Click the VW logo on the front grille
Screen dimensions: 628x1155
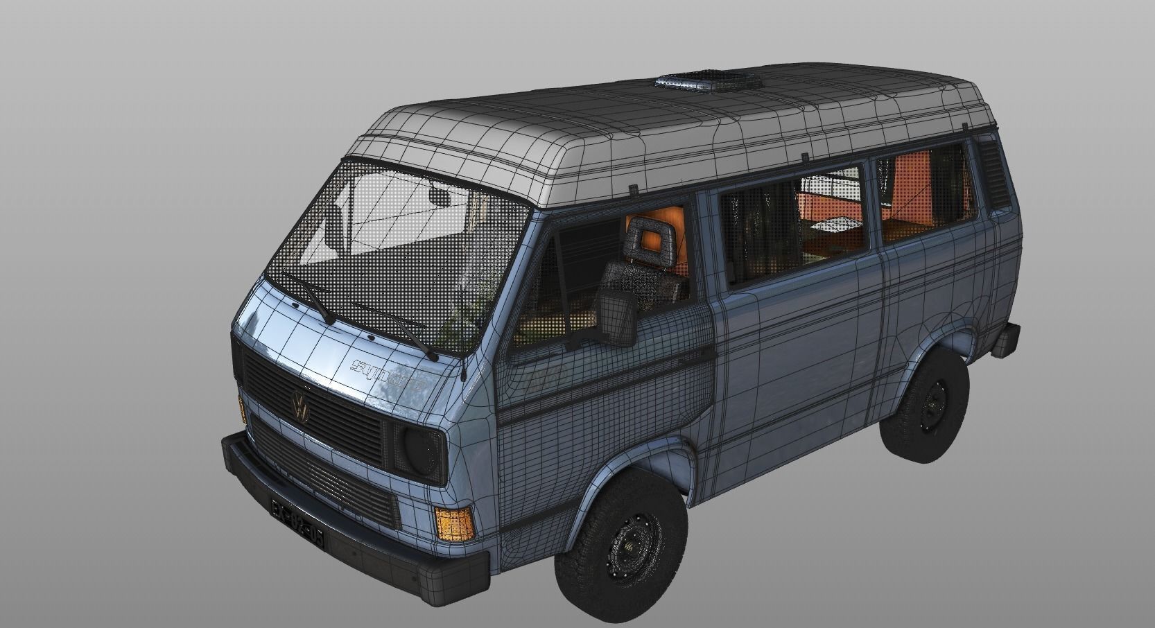coord(301,405)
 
